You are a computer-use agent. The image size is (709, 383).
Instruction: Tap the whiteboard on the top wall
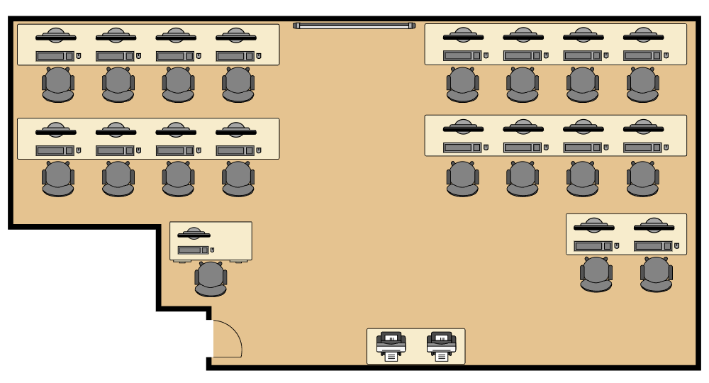pos(354,26)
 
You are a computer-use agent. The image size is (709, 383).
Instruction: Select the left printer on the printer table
pos(391,345)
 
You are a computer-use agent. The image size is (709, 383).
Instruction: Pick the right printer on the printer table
pos(442,345)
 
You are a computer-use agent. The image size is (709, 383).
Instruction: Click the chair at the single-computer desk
pos(211,279)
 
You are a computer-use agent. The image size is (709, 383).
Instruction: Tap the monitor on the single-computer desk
pos(194,234)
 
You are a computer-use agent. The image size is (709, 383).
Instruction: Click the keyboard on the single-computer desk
pos(192,250)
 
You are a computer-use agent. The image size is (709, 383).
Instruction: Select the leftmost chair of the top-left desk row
pos(58,84)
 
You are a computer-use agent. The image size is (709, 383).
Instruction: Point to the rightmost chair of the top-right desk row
pos(642,84)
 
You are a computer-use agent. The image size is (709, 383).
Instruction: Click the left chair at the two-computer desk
pos(596,274)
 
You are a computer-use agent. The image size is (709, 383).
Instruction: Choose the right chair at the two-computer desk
pos(656,274)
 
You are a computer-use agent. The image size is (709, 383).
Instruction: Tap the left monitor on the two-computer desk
pos(593,226)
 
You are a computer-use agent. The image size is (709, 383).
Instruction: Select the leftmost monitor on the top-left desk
pos(56,36)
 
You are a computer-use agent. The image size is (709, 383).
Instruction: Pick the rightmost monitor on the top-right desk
pos(643,36)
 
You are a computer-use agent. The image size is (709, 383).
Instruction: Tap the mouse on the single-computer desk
pos(212,250)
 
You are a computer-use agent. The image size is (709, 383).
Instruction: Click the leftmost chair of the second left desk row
pos(58,179)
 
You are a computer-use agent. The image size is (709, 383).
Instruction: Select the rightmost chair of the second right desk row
pos(642,179)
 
